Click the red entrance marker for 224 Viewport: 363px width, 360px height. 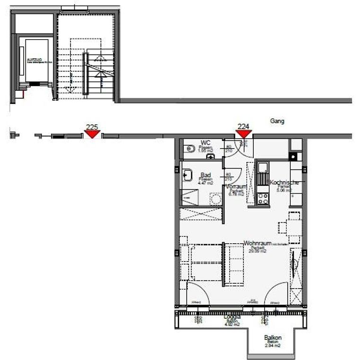coord(243,134)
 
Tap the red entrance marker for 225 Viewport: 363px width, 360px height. coord(92,134)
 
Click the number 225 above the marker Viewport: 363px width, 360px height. coord(92,126)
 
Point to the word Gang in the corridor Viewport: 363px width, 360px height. coord(277,121)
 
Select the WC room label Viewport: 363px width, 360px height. coord(206,142)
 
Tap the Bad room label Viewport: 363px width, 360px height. coord(206,174)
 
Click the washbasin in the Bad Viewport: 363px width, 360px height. coord(187,175)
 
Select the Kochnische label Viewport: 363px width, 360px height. coord(284,182)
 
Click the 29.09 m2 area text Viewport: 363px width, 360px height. coord(258,251)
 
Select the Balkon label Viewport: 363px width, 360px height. coord(273,338)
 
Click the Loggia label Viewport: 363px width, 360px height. coord(232,316)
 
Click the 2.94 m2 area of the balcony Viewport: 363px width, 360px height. coord(273,346)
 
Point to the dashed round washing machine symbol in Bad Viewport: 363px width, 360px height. coord(216,199)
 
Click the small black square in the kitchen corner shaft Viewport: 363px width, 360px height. coord(293,156)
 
